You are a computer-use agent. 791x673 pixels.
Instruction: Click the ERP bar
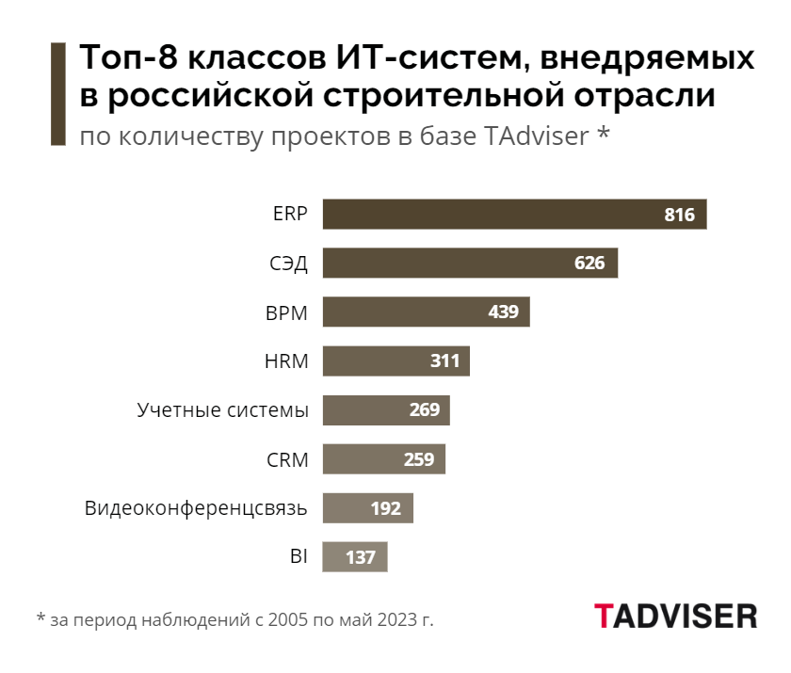point(513,215)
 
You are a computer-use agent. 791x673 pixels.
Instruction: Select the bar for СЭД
point(469,263)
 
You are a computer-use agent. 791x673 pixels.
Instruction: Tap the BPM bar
point(426,312)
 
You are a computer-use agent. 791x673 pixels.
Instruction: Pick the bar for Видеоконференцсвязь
point(367,508)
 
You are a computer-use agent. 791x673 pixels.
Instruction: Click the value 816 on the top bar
point(679,215)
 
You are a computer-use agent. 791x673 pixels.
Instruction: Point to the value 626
point(589,263)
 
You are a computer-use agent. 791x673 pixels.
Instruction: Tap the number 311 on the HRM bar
point(444,361)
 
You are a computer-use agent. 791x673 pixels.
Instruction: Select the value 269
point(424,410)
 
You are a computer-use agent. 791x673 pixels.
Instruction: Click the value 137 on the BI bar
point(361,557)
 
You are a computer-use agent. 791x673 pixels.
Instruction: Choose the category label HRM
point(287,361)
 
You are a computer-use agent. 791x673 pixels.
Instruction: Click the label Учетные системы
point(222,410)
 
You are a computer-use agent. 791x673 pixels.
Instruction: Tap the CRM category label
point(287,459)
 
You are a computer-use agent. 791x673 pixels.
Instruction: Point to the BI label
point(299,557)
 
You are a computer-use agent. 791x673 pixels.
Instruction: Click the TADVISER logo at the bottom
point(675,616)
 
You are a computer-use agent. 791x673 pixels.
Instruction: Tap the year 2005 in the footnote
point(286,620)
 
